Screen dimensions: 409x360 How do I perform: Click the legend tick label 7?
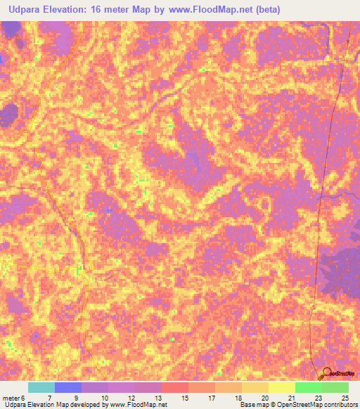point(49,398)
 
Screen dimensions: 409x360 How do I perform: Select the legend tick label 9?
point(75,398)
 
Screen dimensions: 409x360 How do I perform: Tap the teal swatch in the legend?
point(41,387)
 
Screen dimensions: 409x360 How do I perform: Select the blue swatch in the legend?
point(67,387)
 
